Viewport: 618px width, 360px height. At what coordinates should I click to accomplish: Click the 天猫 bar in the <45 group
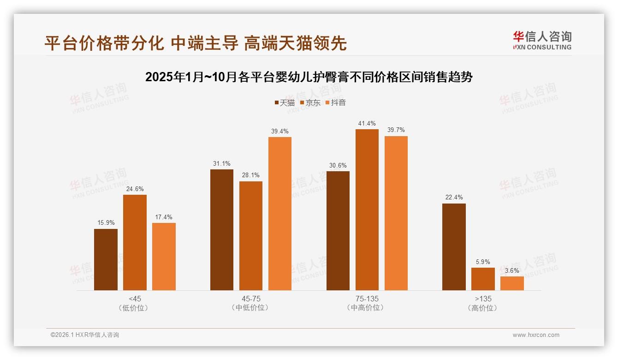[106, 259]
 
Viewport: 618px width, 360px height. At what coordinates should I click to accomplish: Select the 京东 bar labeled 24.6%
[135, 242]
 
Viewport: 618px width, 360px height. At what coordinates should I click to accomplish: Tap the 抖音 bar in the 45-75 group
[280, 213]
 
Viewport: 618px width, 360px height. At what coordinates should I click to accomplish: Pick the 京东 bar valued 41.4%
[367, 210]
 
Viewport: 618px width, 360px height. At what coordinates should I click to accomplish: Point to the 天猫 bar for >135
[454, 247]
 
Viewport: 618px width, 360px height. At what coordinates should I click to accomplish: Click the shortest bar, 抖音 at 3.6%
[512, 283]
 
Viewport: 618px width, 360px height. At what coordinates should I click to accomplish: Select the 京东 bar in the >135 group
[483, 279]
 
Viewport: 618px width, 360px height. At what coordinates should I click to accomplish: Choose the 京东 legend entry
[310, 102]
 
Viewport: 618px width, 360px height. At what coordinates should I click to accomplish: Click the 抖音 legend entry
[335, 102]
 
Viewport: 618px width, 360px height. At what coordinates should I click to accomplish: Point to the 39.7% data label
[396, 130]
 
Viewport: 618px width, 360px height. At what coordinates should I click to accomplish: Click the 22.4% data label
[454, 197]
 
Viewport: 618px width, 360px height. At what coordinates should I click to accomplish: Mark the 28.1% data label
[251, 175]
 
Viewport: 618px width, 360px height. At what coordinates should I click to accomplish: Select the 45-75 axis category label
[251, 299]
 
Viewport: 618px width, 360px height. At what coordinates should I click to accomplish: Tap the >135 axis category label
[482, 299]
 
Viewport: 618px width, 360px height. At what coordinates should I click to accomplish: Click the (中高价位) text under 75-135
[367, 308]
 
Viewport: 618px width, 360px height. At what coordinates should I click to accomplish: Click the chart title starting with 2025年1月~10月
[309, 77]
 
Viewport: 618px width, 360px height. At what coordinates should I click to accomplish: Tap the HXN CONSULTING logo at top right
[542, 40]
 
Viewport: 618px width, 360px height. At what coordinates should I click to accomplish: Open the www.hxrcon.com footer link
[536, 335]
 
